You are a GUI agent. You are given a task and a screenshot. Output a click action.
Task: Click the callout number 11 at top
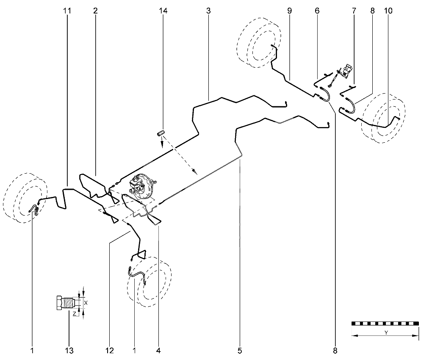[67, 11]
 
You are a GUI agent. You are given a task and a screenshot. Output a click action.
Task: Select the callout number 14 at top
[163, 11]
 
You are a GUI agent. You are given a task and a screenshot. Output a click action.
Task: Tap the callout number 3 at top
[208, 11]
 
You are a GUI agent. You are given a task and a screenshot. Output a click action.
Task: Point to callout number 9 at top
[289, 11]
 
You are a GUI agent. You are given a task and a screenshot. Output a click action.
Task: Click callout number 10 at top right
[388, 11]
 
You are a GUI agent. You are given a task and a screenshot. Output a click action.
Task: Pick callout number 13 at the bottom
[69, 350]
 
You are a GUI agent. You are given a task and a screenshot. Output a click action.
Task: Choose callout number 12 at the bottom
[110, 350]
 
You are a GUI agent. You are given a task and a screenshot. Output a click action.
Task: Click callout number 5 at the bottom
[240, 350]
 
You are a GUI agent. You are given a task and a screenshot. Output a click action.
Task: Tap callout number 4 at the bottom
[158, 350]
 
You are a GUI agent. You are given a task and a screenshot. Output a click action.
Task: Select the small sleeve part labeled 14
[160, 133]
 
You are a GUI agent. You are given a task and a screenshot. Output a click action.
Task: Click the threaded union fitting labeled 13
[68, 303]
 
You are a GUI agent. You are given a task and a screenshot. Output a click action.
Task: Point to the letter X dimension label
[86, 302]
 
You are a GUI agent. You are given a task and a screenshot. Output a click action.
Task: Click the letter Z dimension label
[75, 313]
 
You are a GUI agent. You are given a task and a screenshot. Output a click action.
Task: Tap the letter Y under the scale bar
[386, 332]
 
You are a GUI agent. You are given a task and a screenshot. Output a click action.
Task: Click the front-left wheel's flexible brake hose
[34, 209]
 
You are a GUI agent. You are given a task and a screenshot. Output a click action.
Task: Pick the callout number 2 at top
[95, 11]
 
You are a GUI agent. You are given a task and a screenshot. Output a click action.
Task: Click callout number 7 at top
[354, 11]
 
